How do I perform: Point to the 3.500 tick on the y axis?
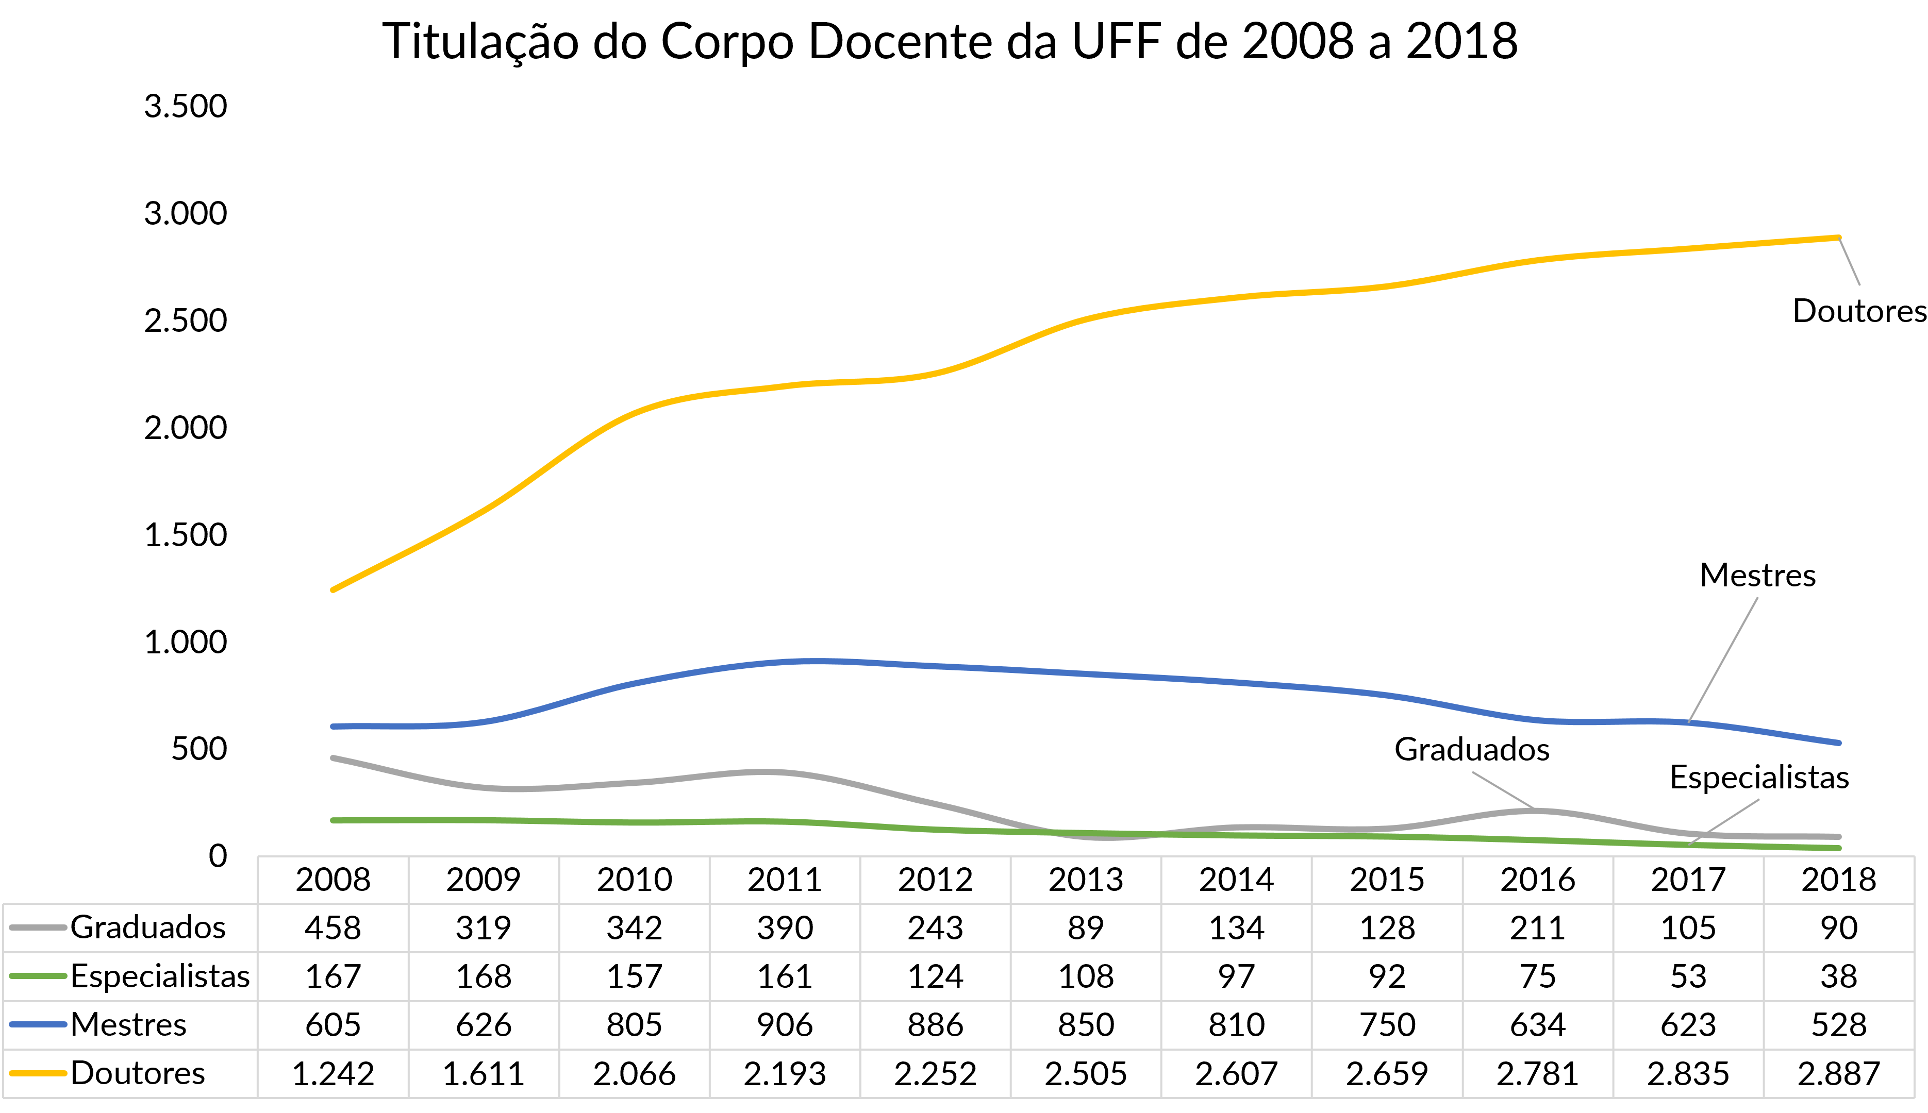click(x=186, y=106)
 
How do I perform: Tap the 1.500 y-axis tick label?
click(x=186, y=535)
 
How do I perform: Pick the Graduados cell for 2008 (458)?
click(x=333, y=928)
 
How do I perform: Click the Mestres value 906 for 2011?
click(x=785, y=1025)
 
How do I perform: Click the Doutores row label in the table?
click(x=138, y=1074)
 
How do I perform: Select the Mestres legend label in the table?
click(x=128, y=1025)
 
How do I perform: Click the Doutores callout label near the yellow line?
click(x=1859, y=311)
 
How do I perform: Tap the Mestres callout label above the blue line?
click(x=1757, y=576)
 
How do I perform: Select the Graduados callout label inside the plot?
click(x=1471, y=750)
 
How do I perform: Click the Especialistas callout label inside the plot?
click(x=1759, y=778)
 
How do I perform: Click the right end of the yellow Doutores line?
click(x=1838, y=238)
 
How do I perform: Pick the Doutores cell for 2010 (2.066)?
click(x=634, y=1074)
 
